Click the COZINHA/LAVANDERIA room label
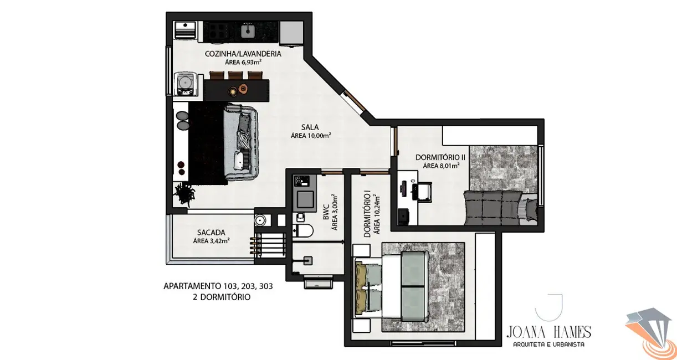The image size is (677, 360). coord(243,54)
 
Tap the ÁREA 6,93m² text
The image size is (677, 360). coord(243,63)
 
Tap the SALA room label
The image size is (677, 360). coord(310,126)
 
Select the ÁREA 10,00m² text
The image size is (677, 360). coord(311,135)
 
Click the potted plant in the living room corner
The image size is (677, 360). coord(184,194)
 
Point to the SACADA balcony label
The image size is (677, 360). coord(211,233)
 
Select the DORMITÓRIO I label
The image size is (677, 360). coord(367,214)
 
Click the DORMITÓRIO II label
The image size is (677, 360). coord(440,157)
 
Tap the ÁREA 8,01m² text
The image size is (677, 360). coord(441,166)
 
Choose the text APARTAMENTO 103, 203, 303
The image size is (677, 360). coord(218,286)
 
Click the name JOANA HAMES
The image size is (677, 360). coord(548,332)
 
